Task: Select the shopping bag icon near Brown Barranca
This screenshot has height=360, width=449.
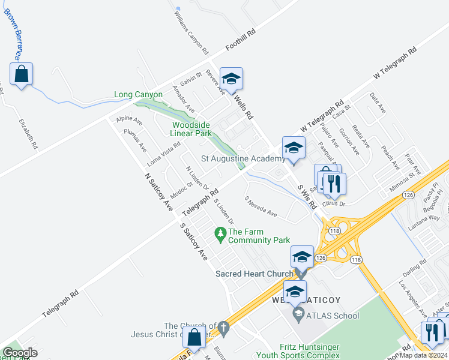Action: (x=22, y=75)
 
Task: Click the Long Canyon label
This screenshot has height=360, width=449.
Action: (x=139, y=95)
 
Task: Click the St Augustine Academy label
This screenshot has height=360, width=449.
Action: (x=243, y=159)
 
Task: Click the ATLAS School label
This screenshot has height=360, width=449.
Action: (x=333, y=316)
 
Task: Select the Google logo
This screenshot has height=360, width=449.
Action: (x=20, y=353)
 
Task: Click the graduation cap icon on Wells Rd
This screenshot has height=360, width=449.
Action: (x=231, y=79)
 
